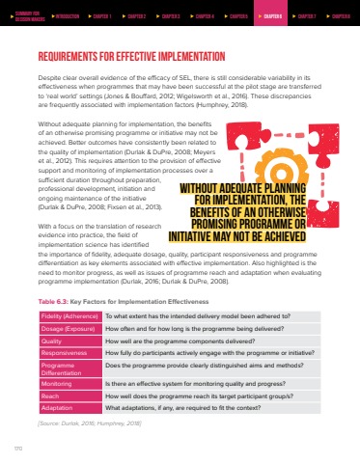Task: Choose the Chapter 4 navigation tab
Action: point(204,15)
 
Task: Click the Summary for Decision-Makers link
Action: point(27,15)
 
